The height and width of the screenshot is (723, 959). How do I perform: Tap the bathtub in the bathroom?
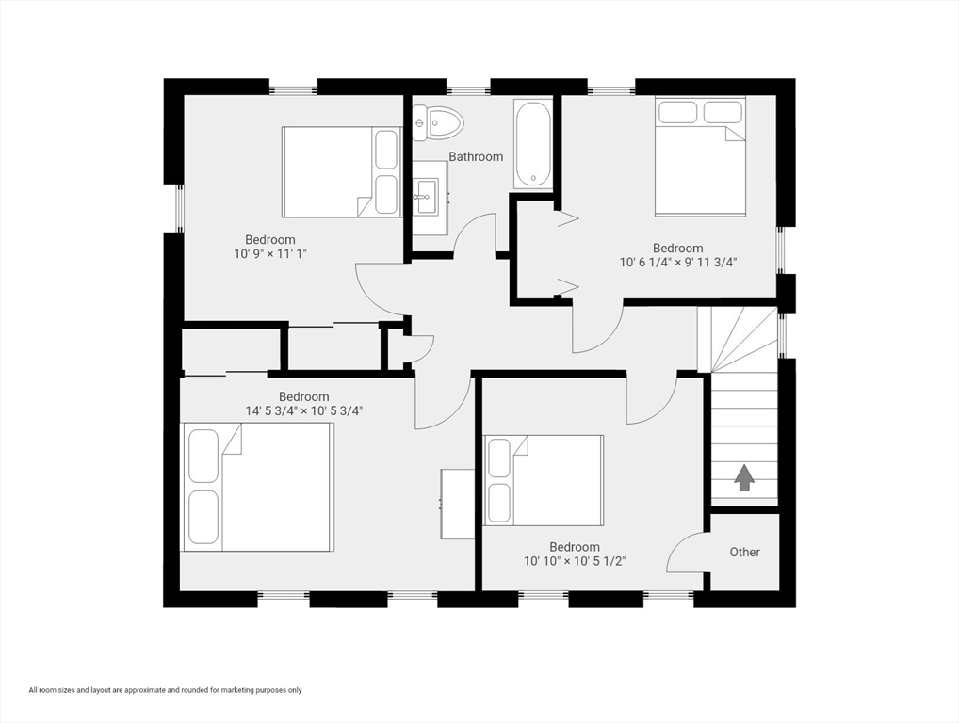[532, 144]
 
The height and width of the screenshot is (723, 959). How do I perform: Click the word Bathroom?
[475, 157]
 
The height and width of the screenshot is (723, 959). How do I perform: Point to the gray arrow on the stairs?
[744, 478]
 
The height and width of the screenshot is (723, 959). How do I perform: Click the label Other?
[744, 552]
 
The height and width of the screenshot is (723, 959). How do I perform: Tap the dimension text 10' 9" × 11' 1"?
[270, 254]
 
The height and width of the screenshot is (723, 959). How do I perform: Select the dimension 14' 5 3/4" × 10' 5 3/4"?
[304, 410]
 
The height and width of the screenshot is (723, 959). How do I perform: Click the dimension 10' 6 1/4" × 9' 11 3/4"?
[677, 263]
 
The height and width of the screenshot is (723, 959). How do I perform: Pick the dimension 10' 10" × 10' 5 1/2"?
[575, 561]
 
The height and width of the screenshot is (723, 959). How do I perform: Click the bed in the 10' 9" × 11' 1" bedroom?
[340, 172]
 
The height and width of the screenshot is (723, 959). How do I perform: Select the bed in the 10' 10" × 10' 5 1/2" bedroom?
[544, 479]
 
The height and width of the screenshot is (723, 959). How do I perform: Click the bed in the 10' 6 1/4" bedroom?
[700, 156]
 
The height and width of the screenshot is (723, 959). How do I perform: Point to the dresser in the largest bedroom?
[458, 504]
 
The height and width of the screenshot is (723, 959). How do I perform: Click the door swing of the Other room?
[685, 553]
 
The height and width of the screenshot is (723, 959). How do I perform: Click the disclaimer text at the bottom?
[165, 690]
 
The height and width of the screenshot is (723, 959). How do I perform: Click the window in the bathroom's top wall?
[468, 90]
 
